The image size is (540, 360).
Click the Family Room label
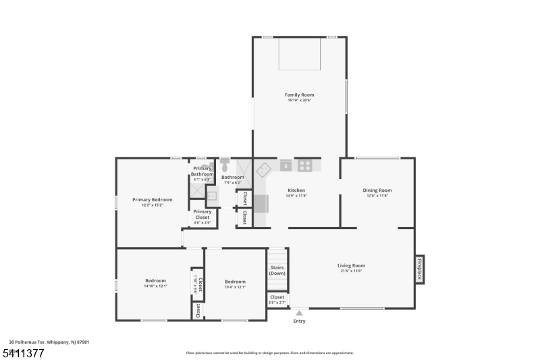pyautogui.click(x=299, y=95)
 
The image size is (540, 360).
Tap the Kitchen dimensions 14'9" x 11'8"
pyautogui.click(x=297, y=196)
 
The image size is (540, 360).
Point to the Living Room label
pyautogui.click(x=351, y=265)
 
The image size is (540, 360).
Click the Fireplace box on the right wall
pyautogui.click(x=419, y=269)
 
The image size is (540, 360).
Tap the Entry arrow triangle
pyautogui.click(x=299, y=313)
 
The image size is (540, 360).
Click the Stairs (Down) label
pyautogui.click(x=277, y=270)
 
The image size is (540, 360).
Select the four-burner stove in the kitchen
pyautogui.click(x=305, y=165)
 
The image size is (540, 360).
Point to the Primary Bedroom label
pyautogui.click(x=152, y=199)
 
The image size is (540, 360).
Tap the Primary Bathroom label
pyautogui.click(x=202, y=171)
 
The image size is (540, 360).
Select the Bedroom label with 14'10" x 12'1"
pyautogui.click(x=155, y=281)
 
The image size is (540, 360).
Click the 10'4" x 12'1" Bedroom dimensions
pyautogui.click(x=235, y=287)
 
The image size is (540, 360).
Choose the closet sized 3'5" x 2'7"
pyautogui.click(x=277, y=299)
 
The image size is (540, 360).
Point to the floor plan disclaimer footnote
pyautogui.click(x=269, y=353)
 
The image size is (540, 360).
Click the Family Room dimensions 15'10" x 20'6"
pyautogui.click(x=299, y=101)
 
